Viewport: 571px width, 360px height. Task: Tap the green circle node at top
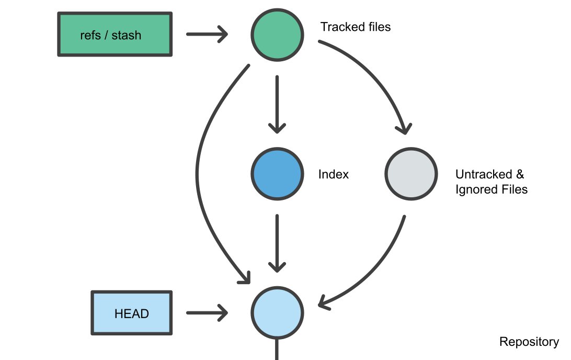[277, 35]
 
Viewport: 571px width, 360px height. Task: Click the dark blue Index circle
[277, 174]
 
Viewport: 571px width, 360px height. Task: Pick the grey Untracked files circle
[411, 174]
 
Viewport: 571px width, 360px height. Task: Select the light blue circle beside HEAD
[277, 313]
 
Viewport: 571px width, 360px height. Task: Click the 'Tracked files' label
[355, 27]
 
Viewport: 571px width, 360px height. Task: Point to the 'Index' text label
[333, 174]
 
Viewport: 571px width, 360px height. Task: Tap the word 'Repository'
[529, 342]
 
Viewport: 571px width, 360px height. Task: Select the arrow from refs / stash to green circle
[206, 35]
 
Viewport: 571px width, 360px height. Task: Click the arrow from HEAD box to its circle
[206, 313]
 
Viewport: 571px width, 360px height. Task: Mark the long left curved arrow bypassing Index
[198, 173]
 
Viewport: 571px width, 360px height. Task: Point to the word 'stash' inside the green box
[126, 36]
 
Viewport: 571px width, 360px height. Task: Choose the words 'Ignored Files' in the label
[491, 189]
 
